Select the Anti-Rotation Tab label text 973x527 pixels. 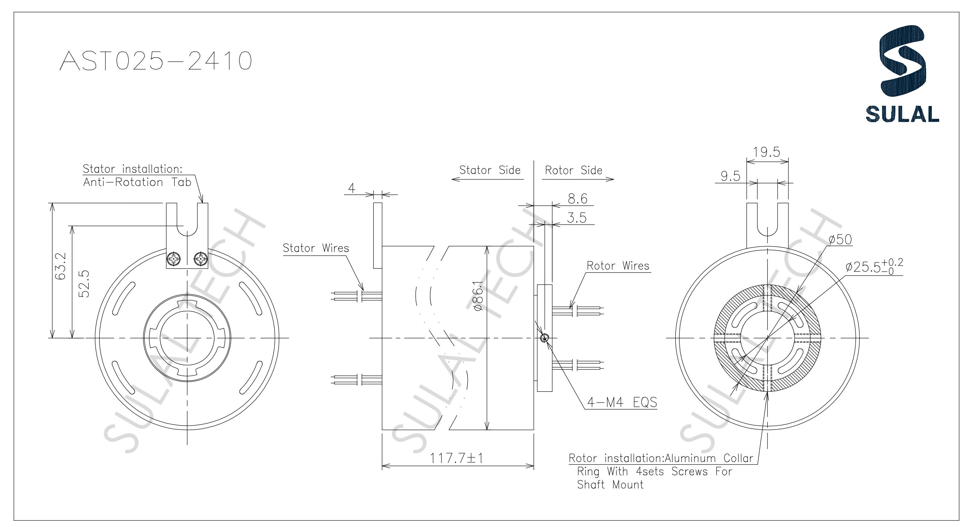137,182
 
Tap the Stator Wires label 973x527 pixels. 316,248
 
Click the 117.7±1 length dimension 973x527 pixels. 457,458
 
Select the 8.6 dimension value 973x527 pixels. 578,199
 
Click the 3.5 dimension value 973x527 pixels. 577,218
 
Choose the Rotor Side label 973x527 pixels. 573,171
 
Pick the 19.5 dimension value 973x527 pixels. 766,152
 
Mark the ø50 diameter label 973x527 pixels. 840,240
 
